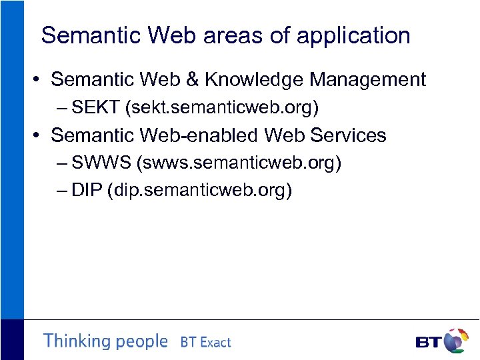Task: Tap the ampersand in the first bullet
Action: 194,80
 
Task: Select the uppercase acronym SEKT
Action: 95,107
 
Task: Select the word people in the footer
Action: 141,342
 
